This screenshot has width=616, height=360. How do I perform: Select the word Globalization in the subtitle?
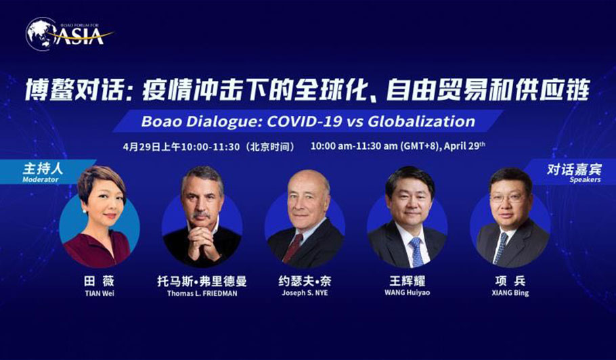422,121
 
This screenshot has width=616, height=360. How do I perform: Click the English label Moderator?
40,180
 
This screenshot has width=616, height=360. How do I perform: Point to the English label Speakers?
585,180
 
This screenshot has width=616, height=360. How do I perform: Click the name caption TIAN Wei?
100,293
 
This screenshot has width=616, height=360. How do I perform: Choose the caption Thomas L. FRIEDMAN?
202,293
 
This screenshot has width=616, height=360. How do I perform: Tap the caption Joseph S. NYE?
305,293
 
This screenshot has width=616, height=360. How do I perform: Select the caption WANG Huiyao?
407,292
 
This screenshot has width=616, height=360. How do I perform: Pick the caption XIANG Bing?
510,293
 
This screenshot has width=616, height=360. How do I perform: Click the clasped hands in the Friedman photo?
202,244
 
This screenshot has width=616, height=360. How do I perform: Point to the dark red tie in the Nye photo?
293,248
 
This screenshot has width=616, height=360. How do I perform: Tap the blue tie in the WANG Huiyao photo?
416,252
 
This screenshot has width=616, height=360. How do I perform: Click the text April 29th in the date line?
465,146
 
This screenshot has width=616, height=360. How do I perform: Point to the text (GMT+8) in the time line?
420,146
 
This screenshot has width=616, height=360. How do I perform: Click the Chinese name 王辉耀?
407,281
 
